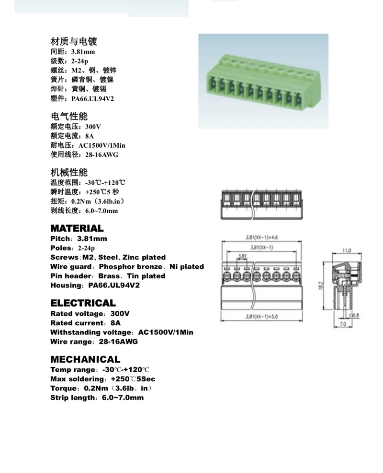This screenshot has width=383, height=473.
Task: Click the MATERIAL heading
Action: (x=77, y=228)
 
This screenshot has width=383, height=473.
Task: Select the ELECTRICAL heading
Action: (x=83, y=303)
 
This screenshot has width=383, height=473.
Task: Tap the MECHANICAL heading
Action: (x=85, y=359)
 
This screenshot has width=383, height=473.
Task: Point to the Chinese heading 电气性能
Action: (x=69, y=117)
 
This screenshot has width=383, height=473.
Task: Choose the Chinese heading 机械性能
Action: (x=69, y=172)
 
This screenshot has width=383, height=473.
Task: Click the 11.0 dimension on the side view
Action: (x=347, y=250)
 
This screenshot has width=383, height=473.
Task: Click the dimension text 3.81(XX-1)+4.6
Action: (x=262, y=237)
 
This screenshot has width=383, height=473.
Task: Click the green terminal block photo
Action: (x=263, y=81)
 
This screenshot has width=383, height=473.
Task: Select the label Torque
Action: (x=64, y=388)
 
